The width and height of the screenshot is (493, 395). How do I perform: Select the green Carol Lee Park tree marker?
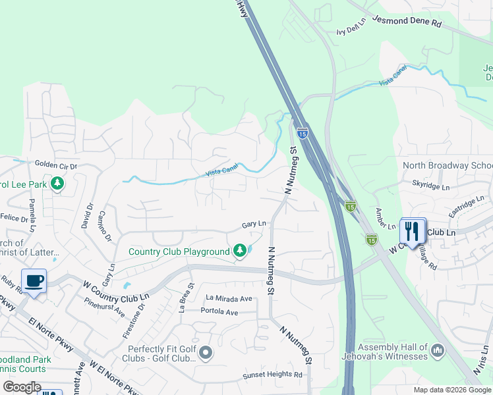pos(58,184)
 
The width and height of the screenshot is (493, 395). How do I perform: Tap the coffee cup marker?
pos(34,281)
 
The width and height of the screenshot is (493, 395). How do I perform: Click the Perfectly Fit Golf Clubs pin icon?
pos(206,354)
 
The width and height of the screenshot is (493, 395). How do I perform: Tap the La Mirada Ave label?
pos(229,298)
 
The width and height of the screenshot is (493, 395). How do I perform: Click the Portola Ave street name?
pos(219,311)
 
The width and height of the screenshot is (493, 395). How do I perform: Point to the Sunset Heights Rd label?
pos(273,375)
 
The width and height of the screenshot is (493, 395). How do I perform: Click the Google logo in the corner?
pos(22,387)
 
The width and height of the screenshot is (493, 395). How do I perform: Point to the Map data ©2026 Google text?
pos(452,390)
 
